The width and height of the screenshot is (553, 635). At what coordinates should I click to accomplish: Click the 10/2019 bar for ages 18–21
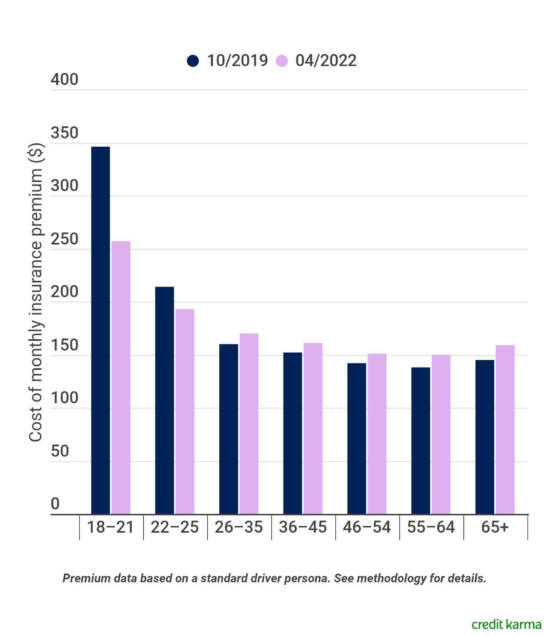tap(101, 330)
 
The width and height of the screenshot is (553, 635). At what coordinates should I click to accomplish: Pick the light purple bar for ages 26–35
tap(249, 424)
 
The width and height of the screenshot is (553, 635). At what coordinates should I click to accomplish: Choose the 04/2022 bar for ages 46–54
tap(377, 434)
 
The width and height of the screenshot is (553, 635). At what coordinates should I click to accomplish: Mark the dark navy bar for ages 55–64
tap(421, 441)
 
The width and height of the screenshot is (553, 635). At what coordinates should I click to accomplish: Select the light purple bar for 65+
tap(505, 430)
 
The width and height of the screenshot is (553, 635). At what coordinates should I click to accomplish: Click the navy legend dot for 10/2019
tap(193, 61)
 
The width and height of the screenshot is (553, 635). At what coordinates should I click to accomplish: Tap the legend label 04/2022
tap(326, 61)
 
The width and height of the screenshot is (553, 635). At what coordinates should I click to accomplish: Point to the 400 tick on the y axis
tap(65, 79)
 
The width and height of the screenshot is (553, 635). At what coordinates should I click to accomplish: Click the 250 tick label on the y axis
tap(65, 239)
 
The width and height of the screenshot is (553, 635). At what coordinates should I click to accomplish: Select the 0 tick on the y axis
tap(55, 504)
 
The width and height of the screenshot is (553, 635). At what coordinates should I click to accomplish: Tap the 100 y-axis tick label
tap(65, 398)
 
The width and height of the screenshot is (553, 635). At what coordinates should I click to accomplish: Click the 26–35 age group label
tap(239, 527)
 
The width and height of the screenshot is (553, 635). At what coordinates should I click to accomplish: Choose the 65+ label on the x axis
tap(495, 527)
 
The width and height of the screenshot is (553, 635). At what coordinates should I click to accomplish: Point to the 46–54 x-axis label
tap(367, 527)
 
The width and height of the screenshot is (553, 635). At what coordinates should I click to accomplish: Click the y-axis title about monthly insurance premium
tap(36, 292)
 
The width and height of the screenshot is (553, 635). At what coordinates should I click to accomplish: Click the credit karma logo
tap(506, 624)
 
